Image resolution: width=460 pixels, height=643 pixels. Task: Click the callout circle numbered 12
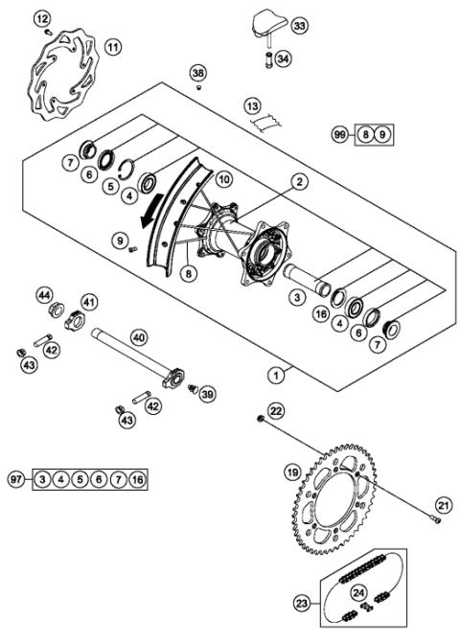click(x=41, y=17)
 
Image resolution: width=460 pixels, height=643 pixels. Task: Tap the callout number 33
click(x=299, y=26)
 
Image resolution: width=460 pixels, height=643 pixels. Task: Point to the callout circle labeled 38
click(x=198, y=73)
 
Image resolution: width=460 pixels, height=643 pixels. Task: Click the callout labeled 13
click(x=252, y=105)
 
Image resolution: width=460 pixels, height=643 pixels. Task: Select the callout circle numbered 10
click(x=223, y=179)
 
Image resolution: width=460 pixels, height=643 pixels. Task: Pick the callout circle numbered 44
click(x=45, y=294)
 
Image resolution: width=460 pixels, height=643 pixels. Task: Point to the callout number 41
click(x=89, y=303)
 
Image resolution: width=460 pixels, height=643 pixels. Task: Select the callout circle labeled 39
click(x=207, y=395)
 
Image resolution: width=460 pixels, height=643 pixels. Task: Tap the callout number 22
click(x=276, y=411)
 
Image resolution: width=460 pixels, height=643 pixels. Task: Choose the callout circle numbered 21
click(x=442, y=505)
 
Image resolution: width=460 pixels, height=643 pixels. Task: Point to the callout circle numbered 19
click(x=293, y=471)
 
